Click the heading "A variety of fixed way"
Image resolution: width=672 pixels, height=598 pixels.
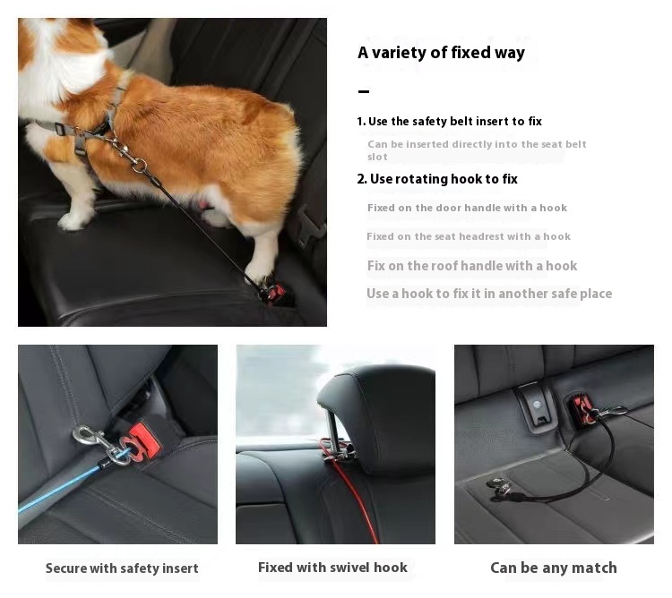pyautogui.click(x=441, y=53)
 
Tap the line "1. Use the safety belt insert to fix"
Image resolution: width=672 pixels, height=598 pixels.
pyautogui.click(x=449, y=122)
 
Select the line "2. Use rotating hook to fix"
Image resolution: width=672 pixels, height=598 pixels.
pyautogui.click(x=437, y=179)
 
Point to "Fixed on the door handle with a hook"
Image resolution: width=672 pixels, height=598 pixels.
pyautogui.click(x=467, y=208)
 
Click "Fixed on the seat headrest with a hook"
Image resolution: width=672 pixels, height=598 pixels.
pyautogui.click(x=469, y=236)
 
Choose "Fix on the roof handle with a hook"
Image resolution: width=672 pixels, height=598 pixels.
pyautogui.click(x=472, y=266)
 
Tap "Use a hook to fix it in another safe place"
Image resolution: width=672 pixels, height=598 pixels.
pyautogui.click(x=489, y=294)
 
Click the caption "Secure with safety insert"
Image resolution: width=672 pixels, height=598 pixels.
pyautogui.click(x=122, y=568)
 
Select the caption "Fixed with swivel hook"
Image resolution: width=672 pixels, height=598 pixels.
pyautogui.click(x=332, y=568)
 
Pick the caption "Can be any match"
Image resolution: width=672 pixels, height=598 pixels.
pyautogui.click(x=554, y=568)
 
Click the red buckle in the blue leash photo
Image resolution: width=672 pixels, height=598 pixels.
pyautogui.click(x=142, y=441)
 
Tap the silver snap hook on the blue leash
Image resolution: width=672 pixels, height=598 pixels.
pyautogui.click(x=97, y=444)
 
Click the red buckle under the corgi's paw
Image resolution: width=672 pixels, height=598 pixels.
pyautogui.click(x=272, y=293)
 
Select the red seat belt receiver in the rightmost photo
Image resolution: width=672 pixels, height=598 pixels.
pyautogui.click(x=582, y=409)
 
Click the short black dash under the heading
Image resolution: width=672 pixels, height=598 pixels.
pyautogui.click(x=364, y=91)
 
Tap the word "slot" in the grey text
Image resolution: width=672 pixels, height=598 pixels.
pyautogui.click(x=377, y=157)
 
